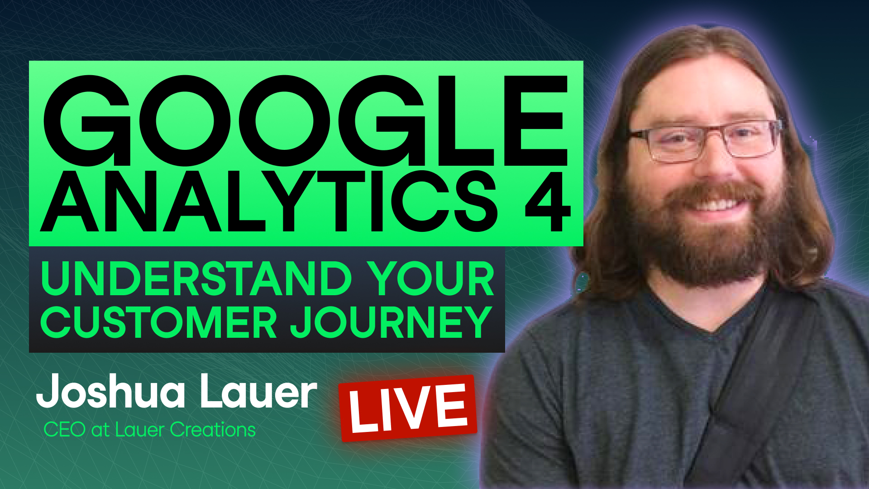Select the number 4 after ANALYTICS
(x=547, y=201)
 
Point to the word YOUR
(x=430, y=279)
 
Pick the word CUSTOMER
(x=158, y=322)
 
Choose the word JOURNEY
(x=391, y=322)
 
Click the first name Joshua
(x=111, y=391)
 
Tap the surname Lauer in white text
(x=258, y=391)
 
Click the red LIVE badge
(x=408, y=408)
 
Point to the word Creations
(x=213, y=430)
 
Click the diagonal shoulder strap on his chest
(x=751, y=385)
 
